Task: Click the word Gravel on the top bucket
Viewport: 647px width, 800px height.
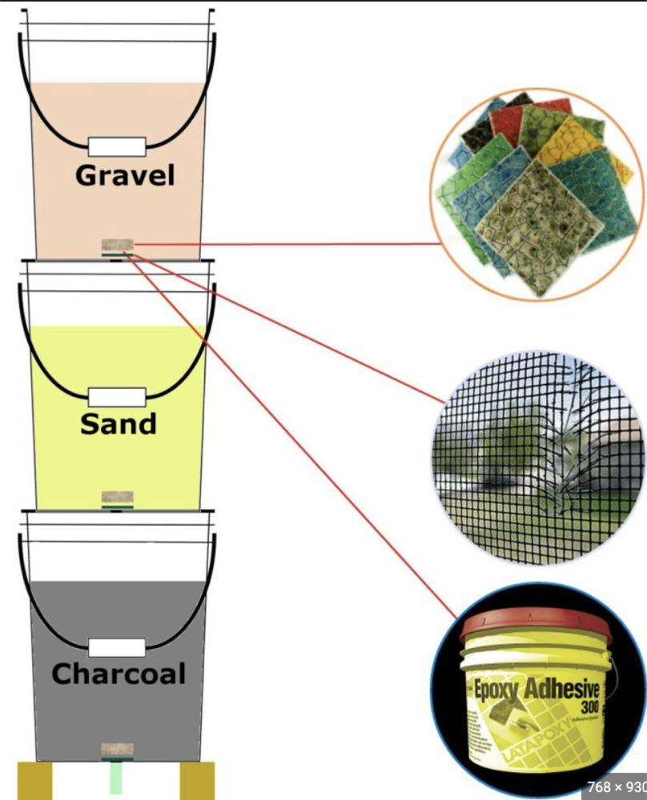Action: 125,174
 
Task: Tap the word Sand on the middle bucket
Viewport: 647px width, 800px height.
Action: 118,423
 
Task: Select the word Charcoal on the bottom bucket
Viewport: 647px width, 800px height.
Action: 119,674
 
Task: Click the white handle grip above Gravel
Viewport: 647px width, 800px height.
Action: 117,146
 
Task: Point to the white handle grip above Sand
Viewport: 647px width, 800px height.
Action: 117,396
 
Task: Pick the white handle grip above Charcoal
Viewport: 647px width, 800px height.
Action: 117,647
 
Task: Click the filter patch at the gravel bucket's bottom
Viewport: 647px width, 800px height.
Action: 117,246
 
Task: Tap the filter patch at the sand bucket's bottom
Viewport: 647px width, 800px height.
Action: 117,498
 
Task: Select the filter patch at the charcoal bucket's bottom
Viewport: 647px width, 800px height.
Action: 117,750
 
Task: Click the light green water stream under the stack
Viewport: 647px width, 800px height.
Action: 117,779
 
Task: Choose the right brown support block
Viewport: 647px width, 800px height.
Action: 198,781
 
